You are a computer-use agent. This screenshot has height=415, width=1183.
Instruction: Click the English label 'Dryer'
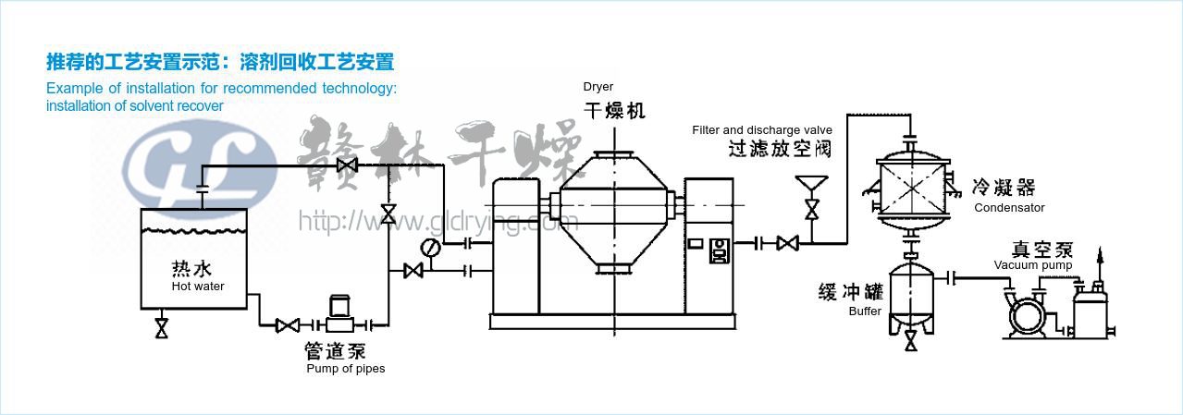(598, 87)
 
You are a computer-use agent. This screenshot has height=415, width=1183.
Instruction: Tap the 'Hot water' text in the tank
(197, 287)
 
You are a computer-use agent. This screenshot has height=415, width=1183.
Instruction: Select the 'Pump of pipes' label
(345, 369)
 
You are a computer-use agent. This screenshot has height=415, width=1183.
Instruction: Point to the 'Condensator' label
(1009, 208)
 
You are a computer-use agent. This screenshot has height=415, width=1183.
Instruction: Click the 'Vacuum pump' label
(1033, 265)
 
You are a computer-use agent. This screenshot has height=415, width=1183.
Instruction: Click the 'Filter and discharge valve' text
(762, 130)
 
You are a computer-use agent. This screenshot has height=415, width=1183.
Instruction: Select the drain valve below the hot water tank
(162, 327)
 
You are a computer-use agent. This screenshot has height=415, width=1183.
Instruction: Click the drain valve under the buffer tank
(910, 342)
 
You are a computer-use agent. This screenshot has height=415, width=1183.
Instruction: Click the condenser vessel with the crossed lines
(912, 196)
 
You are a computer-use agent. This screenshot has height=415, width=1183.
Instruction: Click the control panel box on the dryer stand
(720, 250)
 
